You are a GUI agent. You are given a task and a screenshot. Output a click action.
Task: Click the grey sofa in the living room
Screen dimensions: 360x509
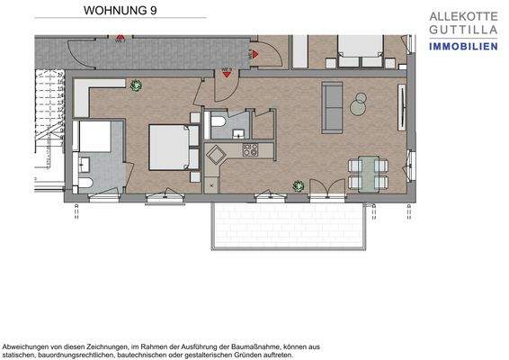(332, 107)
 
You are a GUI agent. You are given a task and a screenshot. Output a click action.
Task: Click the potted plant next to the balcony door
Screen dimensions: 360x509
(297, 186)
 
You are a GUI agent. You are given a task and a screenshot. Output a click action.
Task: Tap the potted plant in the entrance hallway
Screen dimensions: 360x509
(136, 85)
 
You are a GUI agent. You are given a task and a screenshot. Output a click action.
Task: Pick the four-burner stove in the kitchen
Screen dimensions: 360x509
(249, 149)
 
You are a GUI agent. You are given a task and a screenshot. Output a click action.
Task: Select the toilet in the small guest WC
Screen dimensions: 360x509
(219, 121)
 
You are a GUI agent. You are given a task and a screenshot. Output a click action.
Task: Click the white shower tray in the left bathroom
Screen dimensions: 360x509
(92, 137)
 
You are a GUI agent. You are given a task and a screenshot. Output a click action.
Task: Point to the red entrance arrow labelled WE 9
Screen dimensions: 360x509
(228, 76)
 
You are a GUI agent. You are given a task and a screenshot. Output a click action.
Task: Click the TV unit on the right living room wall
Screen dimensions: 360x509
(400, 103)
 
